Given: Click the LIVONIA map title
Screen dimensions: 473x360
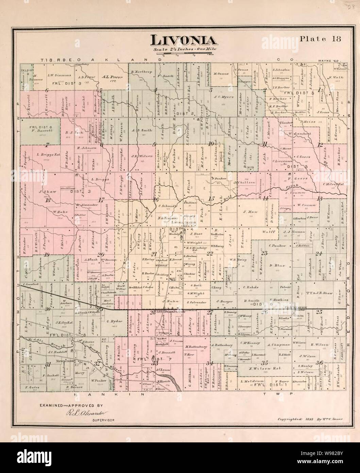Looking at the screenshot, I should (184, 40).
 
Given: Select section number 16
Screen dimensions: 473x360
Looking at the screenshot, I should (156, 200).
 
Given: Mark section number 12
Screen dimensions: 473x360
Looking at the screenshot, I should (320, 145).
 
